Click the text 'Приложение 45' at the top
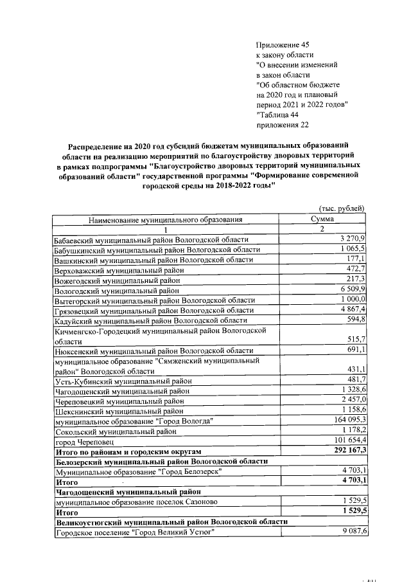[x=283, y=44]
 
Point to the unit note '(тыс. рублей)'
[x=342, y=208]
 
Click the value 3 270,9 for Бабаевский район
[x=353, y=239]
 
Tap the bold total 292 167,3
[x=346, y=452]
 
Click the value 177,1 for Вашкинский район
[x=356, y=259]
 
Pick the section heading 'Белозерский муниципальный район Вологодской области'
[x=161, y=462]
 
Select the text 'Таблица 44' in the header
[x=278, y=115]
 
